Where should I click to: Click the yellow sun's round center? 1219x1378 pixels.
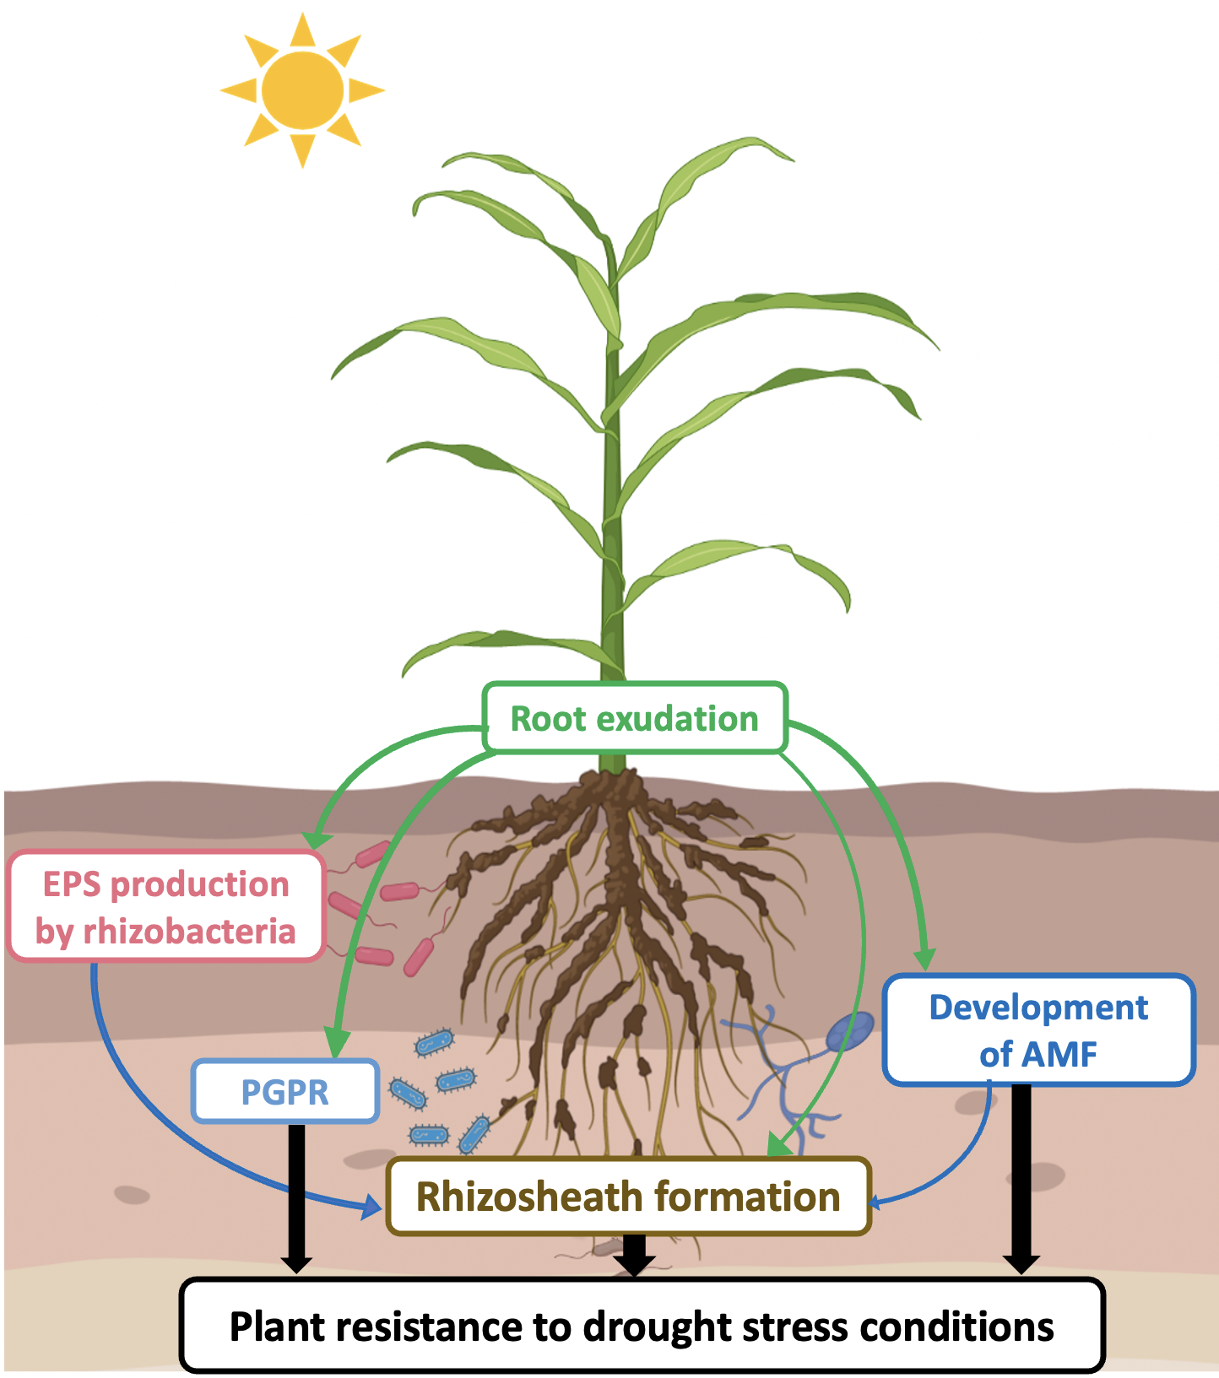tap(302, 89)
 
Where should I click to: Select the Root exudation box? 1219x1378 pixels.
tap(635, 718)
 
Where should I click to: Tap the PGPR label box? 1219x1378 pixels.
tap(284, 1092)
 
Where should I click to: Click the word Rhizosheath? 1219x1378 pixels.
tap(529, 1197)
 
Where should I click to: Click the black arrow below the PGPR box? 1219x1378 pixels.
tap(296, 1198)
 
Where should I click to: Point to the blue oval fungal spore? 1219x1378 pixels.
tap(850, 1031)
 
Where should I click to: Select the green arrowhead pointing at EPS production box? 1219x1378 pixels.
tap(316, 839)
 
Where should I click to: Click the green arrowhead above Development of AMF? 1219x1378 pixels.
tap(925, 959)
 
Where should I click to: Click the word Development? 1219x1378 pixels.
tap(1038, 1008)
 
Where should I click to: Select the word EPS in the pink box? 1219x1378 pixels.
tap(73, 884)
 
